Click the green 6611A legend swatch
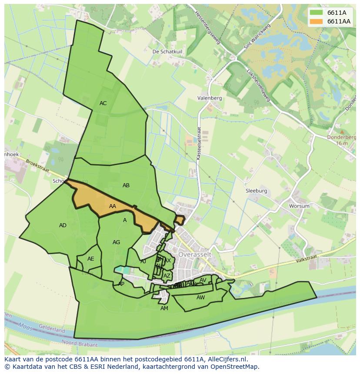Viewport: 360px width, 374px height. click(x=316, y=13)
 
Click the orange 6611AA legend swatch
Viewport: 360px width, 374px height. click(x=316, y=21)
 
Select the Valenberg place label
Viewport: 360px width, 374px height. click(x=209, y=98)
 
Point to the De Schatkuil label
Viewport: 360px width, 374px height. click(x=167, y=51)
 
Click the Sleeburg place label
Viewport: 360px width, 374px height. click(x=256, y=191)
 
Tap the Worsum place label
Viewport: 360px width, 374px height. click(x=300, y=206)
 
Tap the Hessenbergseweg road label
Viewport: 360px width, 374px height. click(x=209, y=30)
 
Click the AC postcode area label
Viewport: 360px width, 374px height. click(x=103, y=103)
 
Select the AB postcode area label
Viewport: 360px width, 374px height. click(x=126, y=185)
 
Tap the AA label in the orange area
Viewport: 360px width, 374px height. click(x=113, y=206)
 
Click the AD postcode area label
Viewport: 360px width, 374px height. click(x=63, y=225)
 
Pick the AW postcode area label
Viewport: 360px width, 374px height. click(x=200, y=298)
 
